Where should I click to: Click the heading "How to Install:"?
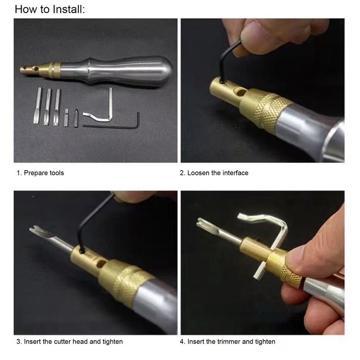click(x=50, y=9)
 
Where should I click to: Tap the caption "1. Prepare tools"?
click(x=40, y=173)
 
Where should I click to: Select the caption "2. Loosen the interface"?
click(x=214, y=173)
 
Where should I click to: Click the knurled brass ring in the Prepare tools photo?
click(x=54, y=70)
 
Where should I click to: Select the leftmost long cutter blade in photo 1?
click(x=37, y=106)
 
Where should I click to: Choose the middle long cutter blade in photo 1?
click(x=47, y=107)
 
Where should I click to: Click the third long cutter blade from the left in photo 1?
click(x=57, y=108)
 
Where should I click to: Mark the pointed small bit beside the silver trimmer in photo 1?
click(x=76, y=118)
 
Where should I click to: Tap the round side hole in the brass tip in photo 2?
click(x=241, y=93)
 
